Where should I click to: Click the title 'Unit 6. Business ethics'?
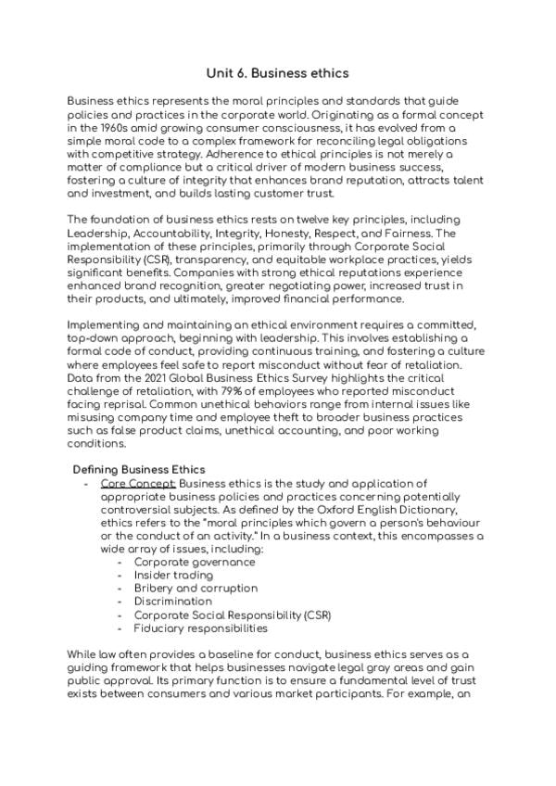277,71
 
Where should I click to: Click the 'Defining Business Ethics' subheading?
139,470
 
